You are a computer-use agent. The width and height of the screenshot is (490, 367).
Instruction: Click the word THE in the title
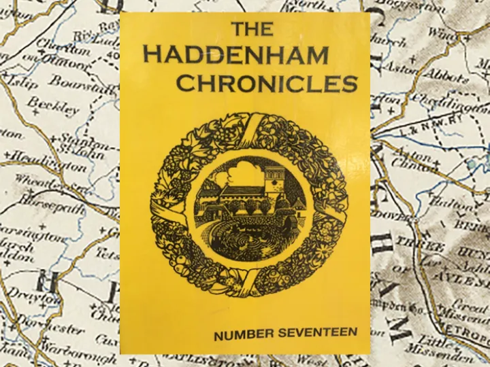pos(252,29)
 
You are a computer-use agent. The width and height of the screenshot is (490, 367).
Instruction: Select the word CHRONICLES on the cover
pos(267,83)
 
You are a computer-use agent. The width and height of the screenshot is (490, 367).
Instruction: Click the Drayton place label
pos(30,298)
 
